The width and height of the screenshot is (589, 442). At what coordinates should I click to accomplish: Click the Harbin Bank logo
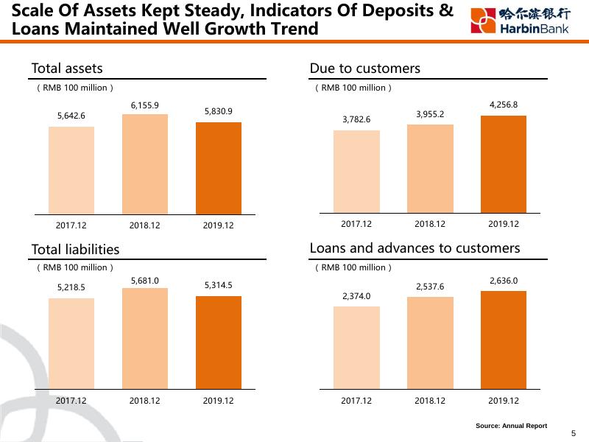coord(520,21)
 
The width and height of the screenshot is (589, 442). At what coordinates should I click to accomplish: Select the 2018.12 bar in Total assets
coord(145,164)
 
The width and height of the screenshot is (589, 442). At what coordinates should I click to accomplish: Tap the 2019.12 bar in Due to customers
coord(504,164)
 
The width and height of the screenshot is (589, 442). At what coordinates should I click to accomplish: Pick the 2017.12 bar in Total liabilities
coord(71,343)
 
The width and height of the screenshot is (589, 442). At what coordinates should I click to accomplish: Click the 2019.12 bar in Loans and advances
coord(504,340)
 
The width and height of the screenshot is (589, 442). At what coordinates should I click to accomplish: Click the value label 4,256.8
coord(504,105)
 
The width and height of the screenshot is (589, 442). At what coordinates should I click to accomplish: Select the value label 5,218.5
coord(71,287)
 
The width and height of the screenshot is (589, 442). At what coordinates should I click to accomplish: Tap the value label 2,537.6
coord(430,286)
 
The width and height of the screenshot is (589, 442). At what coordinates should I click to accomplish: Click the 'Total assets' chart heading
coord(67,69)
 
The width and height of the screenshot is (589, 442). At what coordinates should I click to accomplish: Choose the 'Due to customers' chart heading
coord(365,69)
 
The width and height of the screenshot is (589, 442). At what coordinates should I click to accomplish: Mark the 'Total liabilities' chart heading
coord(75,250)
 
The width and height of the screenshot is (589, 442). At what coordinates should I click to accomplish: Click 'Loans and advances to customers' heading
coord(415,248)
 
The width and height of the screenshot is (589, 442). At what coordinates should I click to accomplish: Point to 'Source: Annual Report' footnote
coord(511,426)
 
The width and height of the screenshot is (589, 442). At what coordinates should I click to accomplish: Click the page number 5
coord(574,434)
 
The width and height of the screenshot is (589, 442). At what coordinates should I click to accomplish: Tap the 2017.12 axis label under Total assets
coord(71,225)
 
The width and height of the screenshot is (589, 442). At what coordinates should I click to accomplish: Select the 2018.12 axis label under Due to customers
coord(430,224)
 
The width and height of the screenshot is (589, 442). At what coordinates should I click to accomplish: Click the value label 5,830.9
coord(219,111)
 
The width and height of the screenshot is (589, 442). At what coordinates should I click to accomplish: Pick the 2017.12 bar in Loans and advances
coord(356,348)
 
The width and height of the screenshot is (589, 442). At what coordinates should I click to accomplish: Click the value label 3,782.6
coord(356,119)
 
